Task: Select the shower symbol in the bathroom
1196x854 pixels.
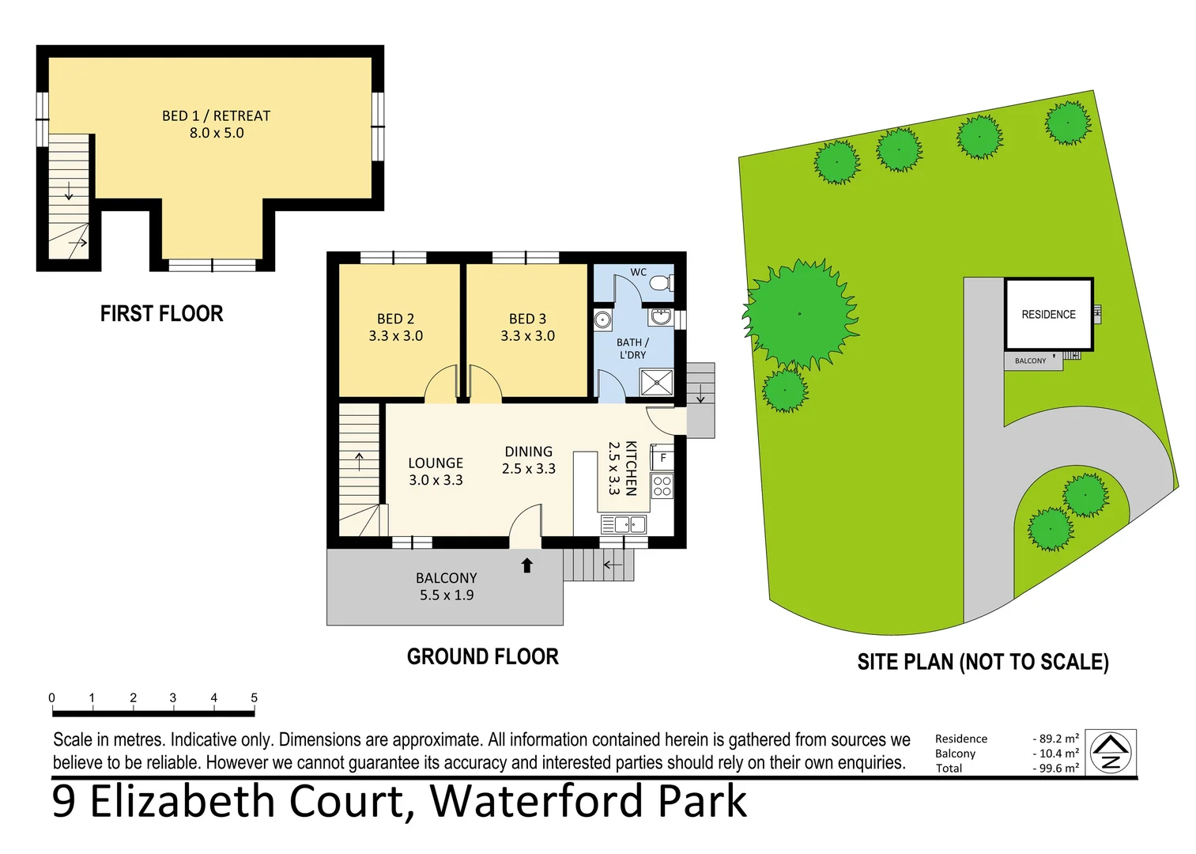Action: pyautogui.click(x=656, y=382)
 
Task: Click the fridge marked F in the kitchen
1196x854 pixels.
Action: pyautogui.click(x=662, y=458)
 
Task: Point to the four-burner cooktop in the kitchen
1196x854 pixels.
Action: pyautogui.click(x=662, y=486)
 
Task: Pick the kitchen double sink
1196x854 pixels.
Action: pyautogui.click(x=624, y=524)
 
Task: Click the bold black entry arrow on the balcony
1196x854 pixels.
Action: pyautogui.click(x=527, y=565)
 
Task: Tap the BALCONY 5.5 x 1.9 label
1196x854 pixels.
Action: pyautogui.click(x=447, y=587)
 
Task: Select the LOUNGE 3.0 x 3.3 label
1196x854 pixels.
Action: pyautogui.click(x=436, y=471)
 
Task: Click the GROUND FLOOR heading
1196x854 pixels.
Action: pyautogui.click(x=482, y=657)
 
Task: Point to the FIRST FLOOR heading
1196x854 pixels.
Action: pyautogui.click(x=161, y=314)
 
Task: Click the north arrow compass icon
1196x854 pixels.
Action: pyautogui.click(x=1111, y=753)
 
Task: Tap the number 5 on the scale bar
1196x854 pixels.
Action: pyautogui.click(x=254, y=697)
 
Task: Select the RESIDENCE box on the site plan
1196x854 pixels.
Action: pyautogui.click(x=1048, y=314)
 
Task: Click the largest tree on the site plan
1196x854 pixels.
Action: pyautogui.click(x=799, y=314)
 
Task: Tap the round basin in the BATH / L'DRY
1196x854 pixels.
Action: pyautogui.click(x=602, y=319)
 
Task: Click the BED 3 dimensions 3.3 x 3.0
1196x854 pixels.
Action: pyautogui.click(x=527, y=336)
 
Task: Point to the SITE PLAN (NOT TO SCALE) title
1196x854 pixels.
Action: pyautogui.click(x=983, y=662)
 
